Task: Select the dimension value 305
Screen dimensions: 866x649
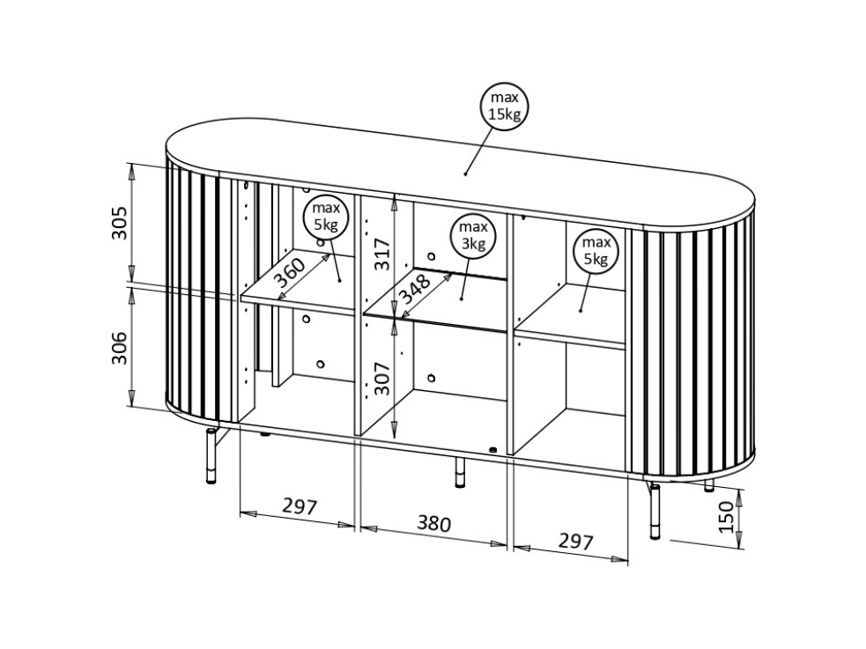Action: [x=120, y=223]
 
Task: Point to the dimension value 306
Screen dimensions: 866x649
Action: [x=120, y=348]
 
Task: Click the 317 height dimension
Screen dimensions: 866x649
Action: [x=381, y=254]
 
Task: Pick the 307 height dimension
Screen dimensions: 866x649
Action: [x=381, y=378]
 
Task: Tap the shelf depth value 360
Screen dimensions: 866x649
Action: [x=290, y=273]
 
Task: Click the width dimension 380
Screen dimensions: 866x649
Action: [x=434, y=523]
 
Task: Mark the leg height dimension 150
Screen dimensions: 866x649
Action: [x=727, y=517]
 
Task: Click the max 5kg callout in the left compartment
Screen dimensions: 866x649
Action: [x=326, y=217]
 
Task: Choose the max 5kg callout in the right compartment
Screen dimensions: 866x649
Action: [x=596, y=251]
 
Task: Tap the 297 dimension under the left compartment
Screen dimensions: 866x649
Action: [x=300, y=505]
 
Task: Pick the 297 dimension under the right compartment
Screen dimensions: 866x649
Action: [x=575, y=542]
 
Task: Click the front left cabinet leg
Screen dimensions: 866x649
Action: [x=211, y=456]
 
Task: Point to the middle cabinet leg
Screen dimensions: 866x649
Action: [x=460, y=472]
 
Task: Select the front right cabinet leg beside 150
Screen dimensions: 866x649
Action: [x=655, y=511]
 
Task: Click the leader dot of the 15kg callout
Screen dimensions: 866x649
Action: [x=465, y=173]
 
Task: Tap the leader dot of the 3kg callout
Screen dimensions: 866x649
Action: [x=462, y=299]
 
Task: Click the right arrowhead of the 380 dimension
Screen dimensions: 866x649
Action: [x=500, y=543]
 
